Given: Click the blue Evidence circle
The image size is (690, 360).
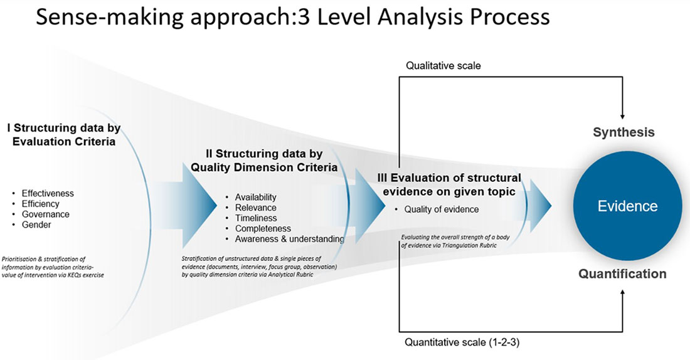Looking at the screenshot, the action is pyautogui.click(x=627, y=206).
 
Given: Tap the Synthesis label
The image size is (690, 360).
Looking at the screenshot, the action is pyautogui.click(x=624, y=132).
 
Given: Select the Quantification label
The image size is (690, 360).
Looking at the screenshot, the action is pyautogui.click(x=622, y=273).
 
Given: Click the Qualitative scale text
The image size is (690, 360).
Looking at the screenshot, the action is pyautogui.click(x=443, y=66).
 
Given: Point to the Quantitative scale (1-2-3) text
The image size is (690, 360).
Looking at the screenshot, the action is pyautogui.click(x=462, y=342).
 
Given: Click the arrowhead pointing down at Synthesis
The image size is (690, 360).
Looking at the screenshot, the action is pyautogui.click(x=622, y=117).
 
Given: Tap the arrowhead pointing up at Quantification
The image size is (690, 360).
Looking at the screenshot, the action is pyautogui.click(x=623, y=292).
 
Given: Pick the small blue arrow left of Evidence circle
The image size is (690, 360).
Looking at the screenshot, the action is pyautogui.click(x=540, y=206).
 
